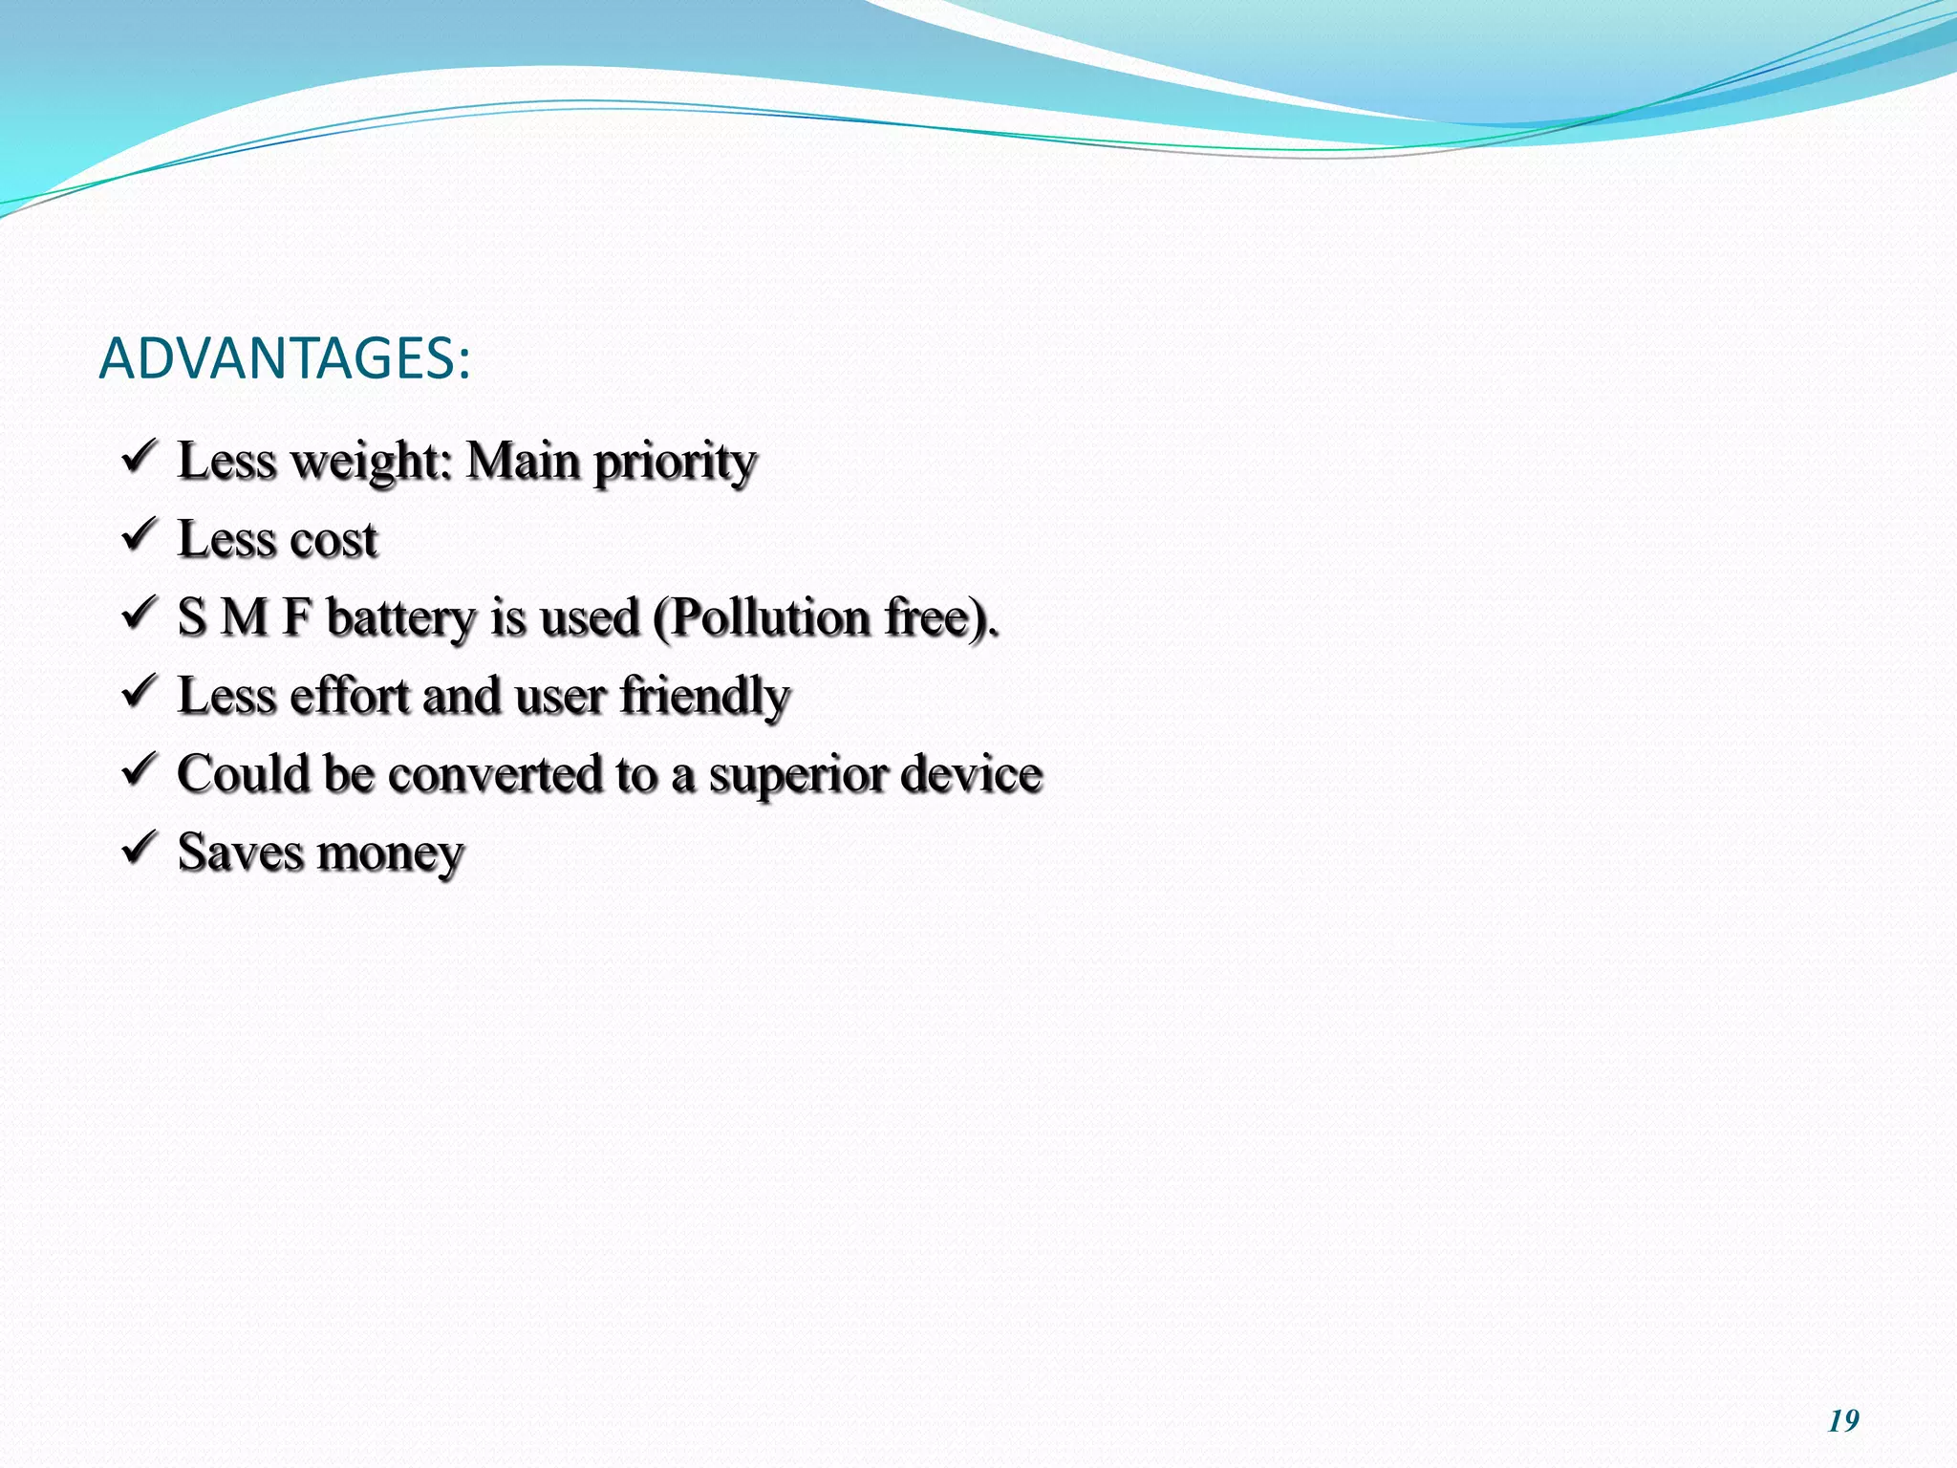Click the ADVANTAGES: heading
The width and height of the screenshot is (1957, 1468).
point(284,359)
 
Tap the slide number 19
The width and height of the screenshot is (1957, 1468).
point(1843,1421)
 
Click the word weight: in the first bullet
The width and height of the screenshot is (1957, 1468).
point(371,463)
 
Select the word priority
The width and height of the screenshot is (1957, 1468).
point(675,463)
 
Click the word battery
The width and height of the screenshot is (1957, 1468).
point(400,618)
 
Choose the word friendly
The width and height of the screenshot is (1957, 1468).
point(704,696)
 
